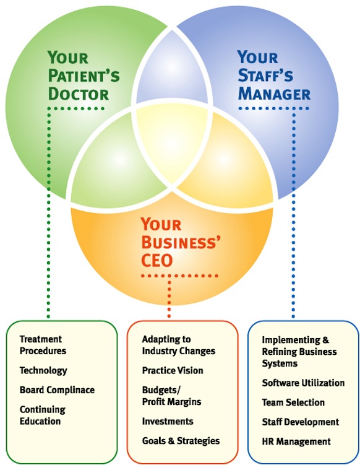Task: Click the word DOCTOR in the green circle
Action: (x=79, y=94)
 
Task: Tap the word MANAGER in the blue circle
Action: (x=274, y=94)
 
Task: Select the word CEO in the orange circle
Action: (x=156, y=261)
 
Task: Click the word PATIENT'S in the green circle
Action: (x=84, y=76)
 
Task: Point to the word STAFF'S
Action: (x=265, y=76)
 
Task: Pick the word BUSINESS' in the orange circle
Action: (x=181, y=242)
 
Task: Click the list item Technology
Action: (x=43, y=371)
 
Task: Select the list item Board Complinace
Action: (x=57, y=390)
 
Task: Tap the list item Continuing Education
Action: (x=42, y=415)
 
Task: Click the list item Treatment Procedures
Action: (x=43, y=345)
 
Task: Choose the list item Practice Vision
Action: (x=173, y=370)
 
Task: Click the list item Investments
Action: (x=168, y=422)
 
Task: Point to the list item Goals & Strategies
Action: (x=181, y=441)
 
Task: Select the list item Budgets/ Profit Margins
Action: (x=171, y=396)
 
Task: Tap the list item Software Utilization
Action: (x=303, y=383)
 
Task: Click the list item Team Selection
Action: (x=293, y=402)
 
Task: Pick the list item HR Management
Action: (x=296, y=441)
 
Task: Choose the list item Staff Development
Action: (x=301, y=422)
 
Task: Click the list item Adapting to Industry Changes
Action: (x=179, y=345)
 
